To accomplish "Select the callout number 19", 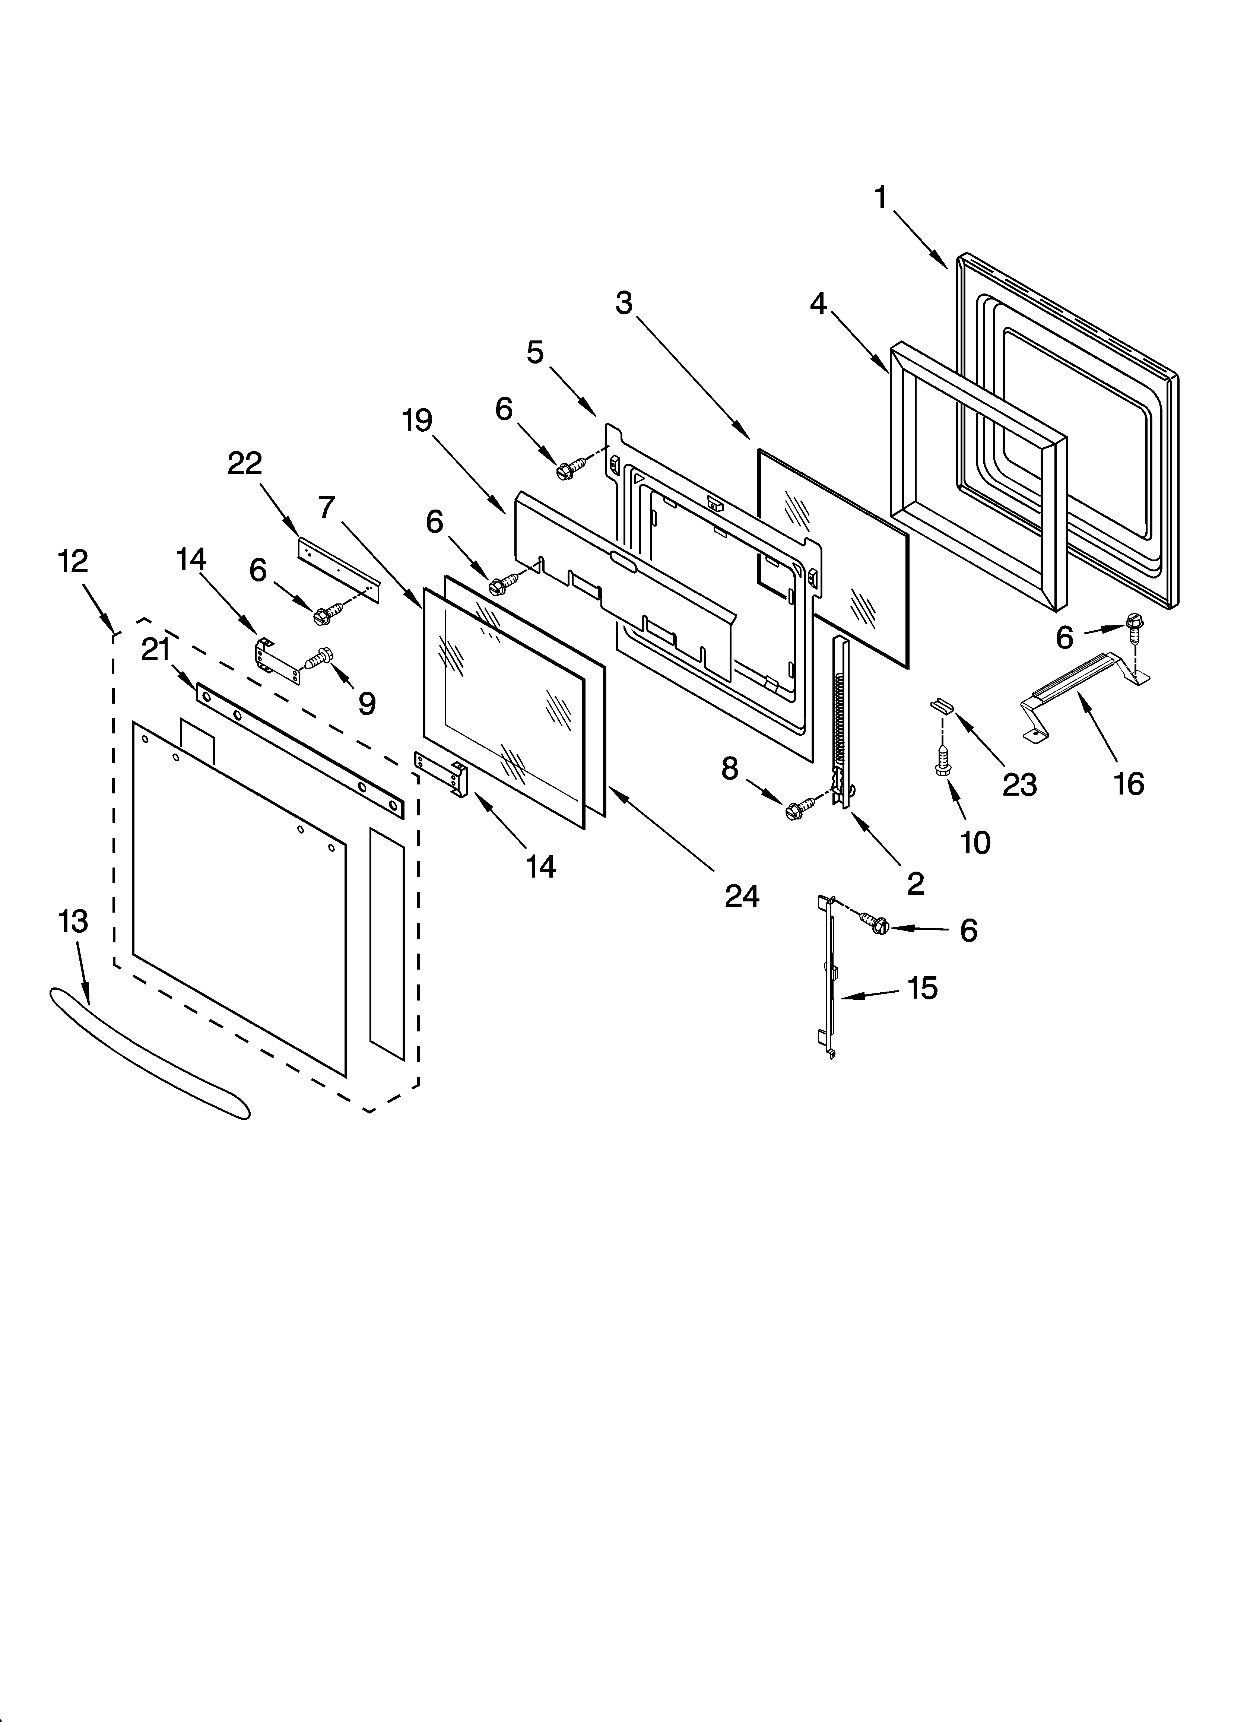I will (x=418, y=420).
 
